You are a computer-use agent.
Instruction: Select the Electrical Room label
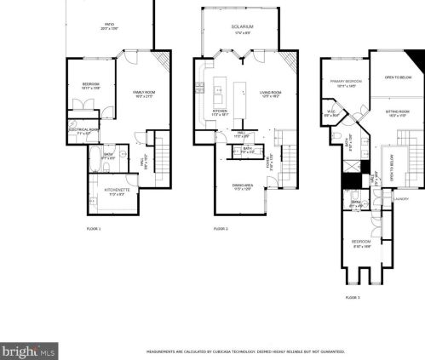pos(79,131)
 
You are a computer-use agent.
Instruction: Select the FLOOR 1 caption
pos(94,230)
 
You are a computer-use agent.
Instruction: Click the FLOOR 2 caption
pos(221,230)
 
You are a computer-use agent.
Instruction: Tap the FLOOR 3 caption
pos(353,297)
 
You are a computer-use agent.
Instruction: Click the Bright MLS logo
pos(29,350)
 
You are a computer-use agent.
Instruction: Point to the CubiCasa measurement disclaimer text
pos(246,350)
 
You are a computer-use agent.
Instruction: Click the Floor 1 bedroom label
pos(91,84)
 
